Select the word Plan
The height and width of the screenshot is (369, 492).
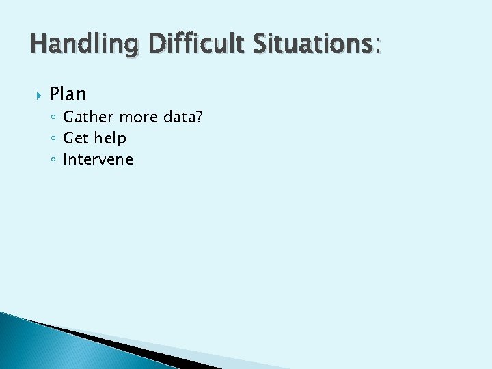point(68,94)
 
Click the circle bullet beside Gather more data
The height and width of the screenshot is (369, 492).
point(53,118)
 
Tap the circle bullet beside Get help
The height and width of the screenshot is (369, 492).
point(53,139)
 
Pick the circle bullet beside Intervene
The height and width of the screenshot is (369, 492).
point(53,161)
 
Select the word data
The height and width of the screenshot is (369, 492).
point(179,117)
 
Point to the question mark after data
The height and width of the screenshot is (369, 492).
point(199,117)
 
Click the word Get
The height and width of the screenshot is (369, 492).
point(76,138)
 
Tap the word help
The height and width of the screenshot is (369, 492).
point(109,138)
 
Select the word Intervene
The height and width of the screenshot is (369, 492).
point(98,160)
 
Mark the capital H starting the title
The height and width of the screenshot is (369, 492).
point(38,45)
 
